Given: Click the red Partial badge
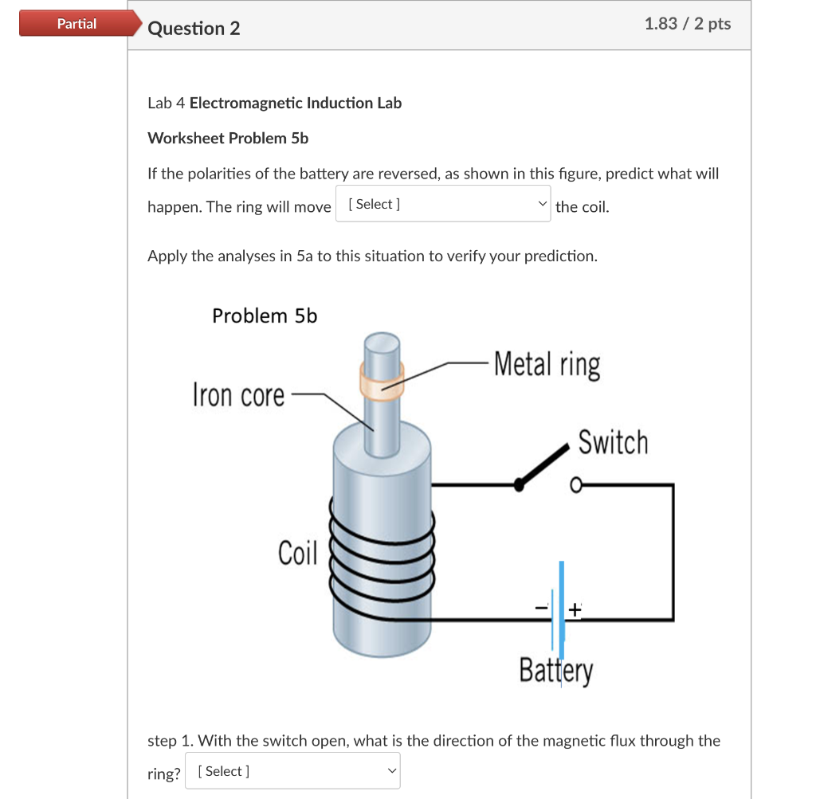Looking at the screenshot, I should pyautogui.click(x=76, y=24).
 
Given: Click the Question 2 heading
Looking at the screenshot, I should pyautogui.click(x=194, y=29).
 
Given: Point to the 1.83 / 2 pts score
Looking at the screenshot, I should pyautogui.click(x=687, y=24).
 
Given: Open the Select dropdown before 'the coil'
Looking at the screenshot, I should pyautogui.click(x=442, y=205).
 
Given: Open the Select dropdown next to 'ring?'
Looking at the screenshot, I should pyautogui.click(x=292, y=771).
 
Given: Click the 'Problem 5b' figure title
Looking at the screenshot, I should pyautogui.click(x=265, y=316).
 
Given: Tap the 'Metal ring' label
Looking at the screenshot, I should pyautogui.click(x=547, y=365).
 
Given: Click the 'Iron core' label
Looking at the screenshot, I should pyautogui.click(x=238, y=394).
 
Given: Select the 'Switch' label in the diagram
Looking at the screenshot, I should pyautogui.click(x=613, y=442).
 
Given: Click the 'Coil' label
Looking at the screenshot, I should pyautogui.click(x=297, y=552).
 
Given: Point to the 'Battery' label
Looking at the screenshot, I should pyautogui.click(x=555, y=670).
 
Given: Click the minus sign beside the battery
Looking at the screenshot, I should pyautogui.click(x=542, y=608).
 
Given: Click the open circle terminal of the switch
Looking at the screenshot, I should pyautogui.click(x=575, y=484).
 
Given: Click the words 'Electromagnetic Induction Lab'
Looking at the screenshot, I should pyautogui.click(x=296, y=103).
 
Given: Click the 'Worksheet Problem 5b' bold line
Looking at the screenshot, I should pyautogui.click(x=228, y=138).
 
